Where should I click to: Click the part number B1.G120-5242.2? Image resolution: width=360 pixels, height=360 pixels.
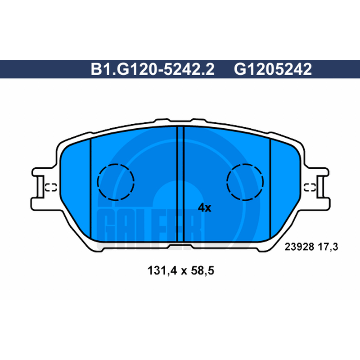pyautogui.click(x=153, y=69)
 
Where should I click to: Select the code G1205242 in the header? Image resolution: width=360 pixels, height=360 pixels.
pyautogui.click(x=273, y=69)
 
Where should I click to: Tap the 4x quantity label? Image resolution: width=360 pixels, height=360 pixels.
pyautogui.click(x=205, y=208)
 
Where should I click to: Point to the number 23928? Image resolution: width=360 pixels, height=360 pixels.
pyautogui.click(x=299, y=247)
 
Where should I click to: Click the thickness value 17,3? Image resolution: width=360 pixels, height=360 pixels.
pyautogui.click(x=328, y=247)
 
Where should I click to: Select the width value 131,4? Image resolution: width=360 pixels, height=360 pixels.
pyautogui.click(x=162, y=270)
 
